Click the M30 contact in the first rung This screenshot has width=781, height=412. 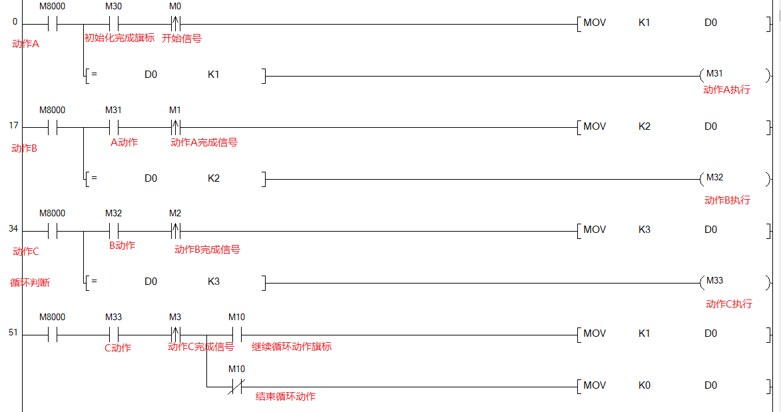(113, 24)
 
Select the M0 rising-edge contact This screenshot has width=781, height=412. (176, 24)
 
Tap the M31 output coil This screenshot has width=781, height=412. (714, 75)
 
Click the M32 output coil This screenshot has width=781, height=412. (714, 178)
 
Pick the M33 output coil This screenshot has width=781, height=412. (714, 282)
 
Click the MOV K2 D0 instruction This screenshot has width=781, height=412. (672, 126)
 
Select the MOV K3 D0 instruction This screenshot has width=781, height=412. (672, 230)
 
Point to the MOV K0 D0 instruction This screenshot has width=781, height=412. (672, 385)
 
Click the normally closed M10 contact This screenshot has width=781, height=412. (236, 385)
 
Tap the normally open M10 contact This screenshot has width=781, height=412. (236, 334)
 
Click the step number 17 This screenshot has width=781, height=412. (14, 125)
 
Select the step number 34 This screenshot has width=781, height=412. (13, 229)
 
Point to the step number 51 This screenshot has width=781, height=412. (13, 333)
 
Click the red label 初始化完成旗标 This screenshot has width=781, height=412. (119, 39)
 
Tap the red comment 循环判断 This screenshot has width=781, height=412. (30, 283)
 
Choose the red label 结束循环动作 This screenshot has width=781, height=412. (286, 397)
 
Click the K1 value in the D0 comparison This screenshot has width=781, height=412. (213, 75)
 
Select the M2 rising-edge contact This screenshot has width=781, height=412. (176, 231)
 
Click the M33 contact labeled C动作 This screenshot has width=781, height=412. (113, 334)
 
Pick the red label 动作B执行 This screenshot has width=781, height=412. (727, 200)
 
